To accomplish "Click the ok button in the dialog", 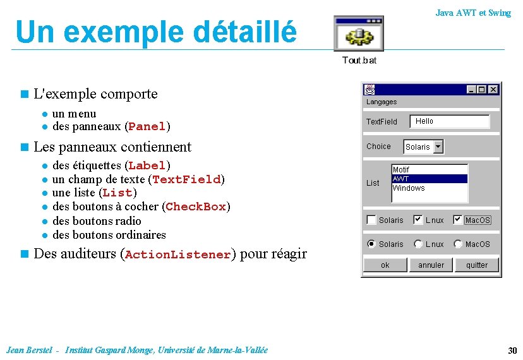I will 385,265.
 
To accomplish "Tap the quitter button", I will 477,265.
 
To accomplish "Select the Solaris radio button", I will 372,244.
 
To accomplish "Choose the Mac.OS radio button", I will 459,244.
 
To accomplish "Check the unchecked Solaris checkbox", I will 372,220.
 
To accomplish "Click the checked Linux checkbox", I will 418,220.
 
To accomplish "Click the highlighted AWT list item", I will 430,179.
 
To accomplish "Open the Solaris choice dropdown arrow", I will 438,147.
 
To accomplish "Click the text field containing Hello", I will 450,121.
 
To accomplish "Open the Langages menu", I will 382,102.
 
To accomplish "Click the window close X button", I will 493,90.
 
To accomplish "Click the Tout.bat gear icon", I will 359,35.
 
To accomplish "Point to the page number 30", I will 512,351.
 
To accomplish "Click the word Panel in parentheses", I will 147,127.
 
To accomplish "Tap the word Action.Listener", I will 178,255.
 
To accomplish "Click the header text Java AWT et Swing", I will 473,13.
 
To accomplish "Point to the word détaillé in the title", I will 246,32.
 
